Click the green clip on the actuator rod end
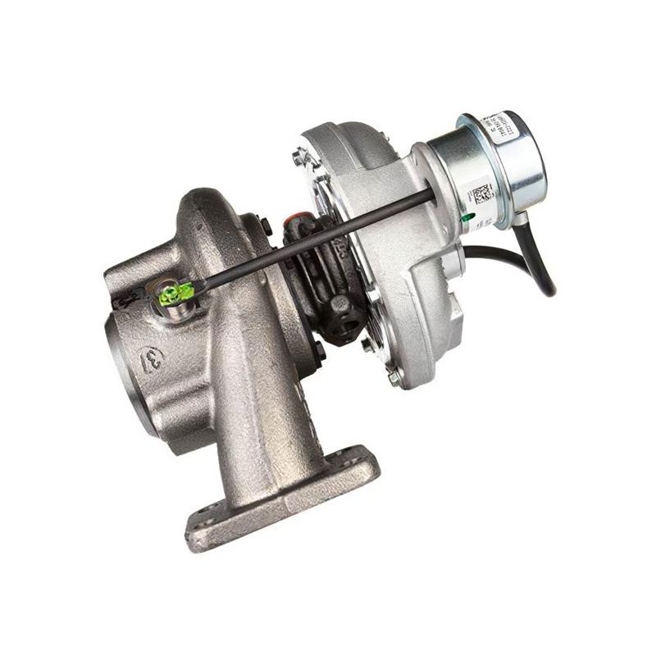(x=174, y=292)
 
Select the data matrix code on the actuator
(x=481, y=196)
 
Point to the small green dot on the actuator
(x=467, y=219)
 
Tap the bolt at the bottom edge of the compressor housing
(x=394, y=378)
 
